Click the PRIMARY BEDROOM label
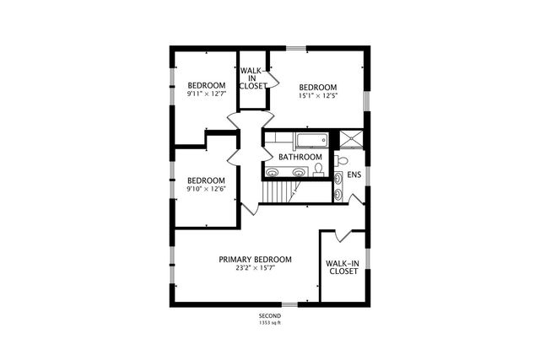tap(255, 259)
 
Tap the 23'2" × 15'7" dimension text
tap(255, 268)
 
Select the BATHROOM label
tap(300, 157)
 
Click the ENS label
tap(354, 175)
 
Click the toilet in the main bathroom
tap(318, 169)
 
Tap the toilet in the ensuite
tap(342, 161)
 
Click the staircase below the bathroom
tap(278, 194)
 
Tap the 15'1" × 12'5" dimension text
tap(317, 96)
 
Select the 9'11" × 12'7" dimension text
tap(206, 94)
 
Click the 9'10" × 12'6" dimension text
tap(206, 190)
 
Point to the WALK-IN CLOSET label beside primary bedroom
tap(343, 267)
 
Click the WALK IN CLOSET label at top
tap(253, 78)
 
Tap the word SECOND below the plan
tap(270, 315)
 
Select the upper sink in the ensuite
tap(338, 177)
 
